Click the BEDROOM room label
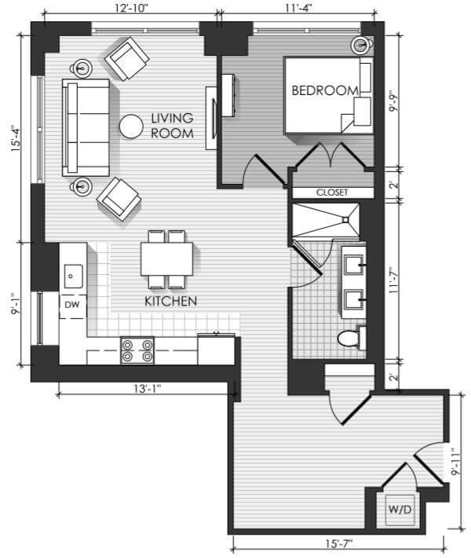(x=325, y=90)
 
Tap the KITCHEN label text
(x=171, y=302)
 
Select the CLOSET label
(x=332, y=193)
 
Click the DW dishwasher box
(x=72, y=306)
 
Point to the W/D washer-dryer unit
(x=400, y=509)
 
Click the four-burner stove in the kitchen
(x=137, y=351)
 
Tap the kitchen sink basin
(x=73, y=276)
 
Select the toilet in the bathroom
(x=352, y=338)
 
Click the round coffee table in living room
(x=131, y=127)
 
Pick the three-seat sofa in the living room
(x=86, y=128)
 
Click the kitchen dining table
(x=166, y=259)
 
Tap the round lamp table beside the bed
(x=362, y=46)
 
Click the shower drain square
(x=345, y=220)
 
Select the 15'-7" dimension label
(x=339, y=544)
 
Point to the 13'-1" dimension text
(x=147, y=388)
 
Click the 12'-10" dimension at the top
(x=131, y=8)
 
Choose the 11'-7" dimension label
(x=392, y=281)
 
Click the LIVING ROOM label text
(x=172, y=126)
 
